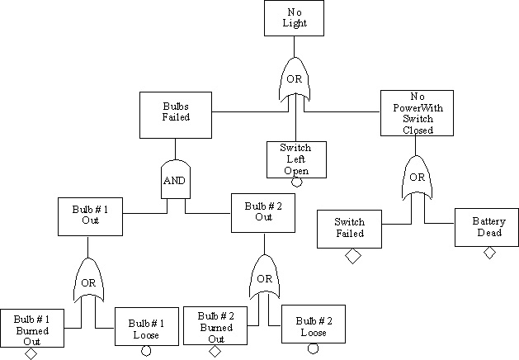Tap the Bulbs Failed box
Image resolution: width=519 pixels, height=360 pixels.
tap(176, 111)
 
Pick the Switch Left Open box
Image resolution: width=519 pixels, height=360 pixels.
tap(295, 158)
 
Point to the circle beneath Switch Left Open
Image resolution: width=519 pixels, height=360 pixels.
tap(296, 182)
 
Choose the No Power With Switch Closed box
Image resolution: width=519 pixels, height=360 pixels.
tap(418, 112)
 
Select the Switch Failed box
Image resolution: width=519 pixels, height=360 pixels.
tap(350, 228)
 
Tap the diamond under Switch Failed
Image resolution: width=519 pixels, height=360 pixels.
tap(352, 256)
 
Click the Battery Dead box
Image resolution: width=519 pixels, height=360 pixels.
tap(488, 227)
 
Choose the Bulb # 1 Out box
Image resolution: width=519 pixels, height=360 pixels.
tap(90, 216)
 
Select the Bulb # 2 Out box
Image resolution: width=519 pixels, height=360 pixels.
tap(263, 212)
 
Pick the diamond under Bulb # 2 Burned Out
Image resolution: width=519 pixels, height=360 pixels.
tap(215, 352)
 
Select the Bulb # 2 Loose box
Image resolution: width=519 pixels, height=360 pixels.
tap(312, 325)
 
